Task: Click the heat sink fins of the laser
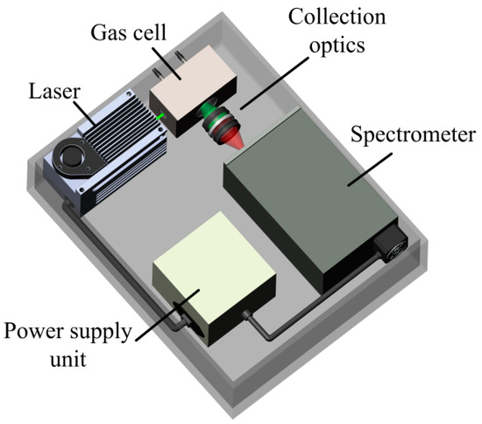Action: pyautogui.click(x=114, y=149)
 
